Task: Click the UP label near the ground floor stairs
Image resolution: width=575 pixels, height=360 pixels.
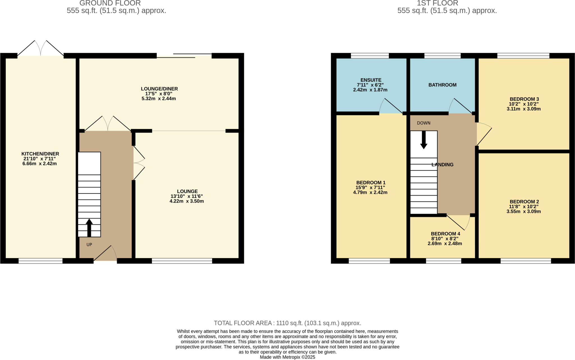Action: tap(89, 245)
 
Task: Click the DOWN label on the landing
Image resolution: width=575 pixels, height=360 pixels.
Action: tap(423, 123)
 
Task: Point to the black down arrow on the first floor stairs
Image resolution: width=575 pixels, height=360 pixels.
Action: tap(424, 140)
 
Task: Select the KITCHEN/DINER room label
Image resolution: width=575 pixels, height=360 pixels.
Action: tap(40, 154)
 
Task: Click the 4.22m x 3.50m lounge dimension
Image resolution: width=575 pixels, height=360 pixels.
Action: tap(186, 201)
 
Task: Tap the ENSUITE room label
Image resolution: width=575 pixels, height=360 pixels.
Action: tap(371, 80)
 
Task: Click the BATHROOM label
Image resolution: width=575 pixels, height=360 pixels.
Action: tap(442, 85)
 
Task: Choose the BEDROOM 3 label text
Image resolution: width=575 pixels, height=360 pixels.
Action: tap(524, 99)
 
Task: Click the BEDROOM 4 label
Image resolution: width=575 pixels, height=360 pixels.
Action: tap(445, 234)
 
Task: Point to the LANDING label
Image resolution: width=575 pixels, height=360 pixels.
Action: tap(442, 165)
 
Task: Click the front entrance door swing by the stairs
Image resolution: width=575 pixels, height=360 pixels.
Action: tap(107, 253)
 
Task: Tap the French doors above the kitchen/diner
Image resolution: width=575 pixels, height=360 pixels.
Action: tap(41, 48)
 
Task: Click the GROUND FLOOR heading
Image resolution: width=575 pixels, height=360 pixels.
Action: tap(110, 3)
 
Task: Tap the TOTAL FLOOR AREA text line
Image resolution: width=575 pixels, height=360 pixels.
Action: tap(287, 323)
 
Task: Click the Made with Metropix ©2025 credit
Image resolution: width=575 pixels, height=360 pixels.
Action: tap(287, 357)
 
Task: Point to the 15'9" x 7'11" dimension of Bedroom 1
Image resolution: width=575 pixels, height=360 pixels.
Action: tap(370, 188)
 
